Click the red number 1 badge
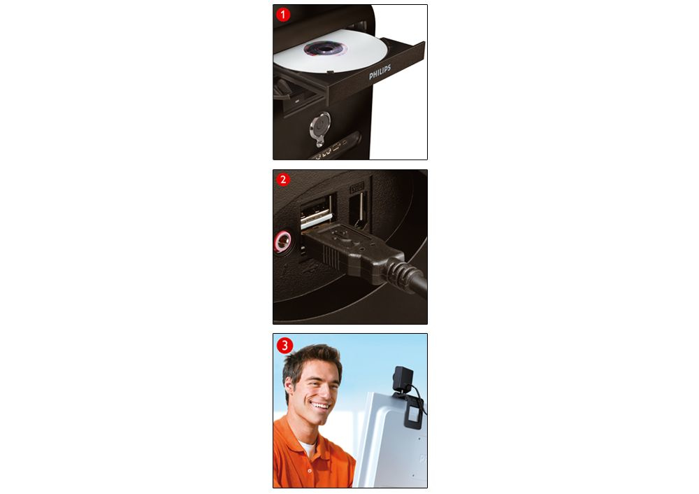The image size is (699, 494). click(282, 15)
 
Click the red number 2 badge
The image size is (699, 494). click(282, 179)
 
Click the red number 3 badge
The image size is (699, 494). click(284, 346)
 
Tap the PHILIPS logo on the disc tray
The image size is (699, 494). click(380, 72)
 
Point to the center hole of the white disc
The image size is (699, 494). click(325, 48)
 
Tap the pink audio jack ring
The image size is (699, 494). click(282, 242)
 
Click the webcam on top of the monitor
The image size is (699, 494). click(403, 379)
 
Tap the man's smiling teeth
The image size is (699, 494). click(321, 406)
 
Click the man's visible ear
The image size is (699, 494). click(289, 388)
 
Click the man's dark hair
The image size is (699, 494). click(310, 360)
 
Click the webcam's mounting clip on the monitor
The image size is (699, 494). click(413, 414)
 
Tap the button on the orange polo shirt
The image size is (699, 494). click(310, 470)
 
